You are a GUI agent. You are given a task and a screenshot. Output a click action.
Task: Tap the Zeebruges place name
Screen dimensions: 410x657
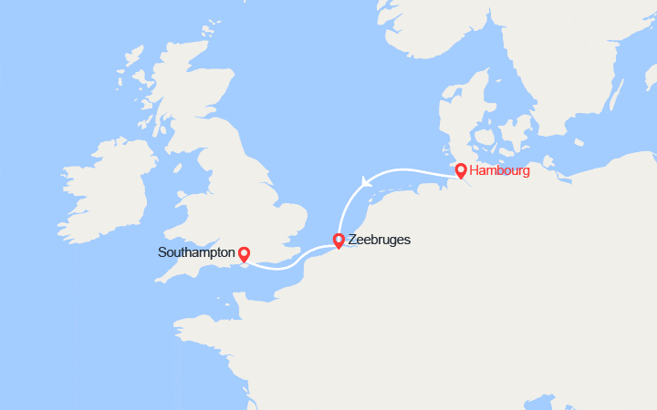(x=381, y=240)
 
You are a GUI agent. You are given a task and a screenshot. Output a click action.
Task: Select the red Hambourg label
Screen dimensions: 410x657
(x=499, y=170)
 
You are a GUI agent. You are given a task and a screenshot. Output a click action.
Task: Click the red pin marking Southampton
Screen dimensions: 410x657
(x=243, y=253)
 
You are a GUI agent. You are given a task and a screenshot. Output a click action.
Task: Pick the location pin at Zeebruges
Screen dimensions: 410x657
(x=339, y=241)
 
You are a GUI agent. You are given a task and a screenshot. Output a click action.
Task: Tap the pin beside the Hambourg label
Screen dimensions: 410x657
(x=461, y=170)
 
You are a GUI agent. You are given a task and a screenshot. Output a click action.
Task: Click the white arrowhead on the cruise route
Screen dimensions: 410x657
(x=367, y=181)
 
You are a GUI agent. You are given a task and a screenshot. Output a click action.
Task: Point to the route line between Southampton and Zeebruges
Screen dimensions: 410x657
(x=292, y=265)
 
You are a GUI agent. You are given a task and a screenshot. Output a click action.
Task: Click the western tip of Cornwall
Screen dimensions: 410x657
(x=157, y=279)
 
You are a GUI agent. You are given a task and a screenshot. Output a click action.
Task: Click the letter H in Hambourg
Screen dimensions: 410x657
(x=474, y=170)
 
